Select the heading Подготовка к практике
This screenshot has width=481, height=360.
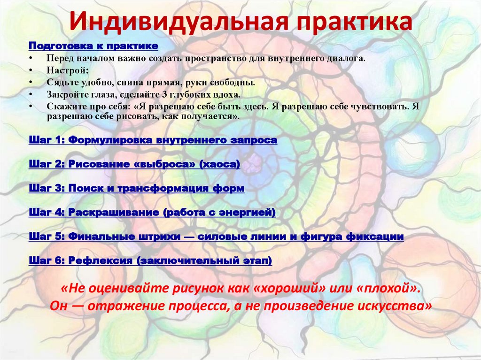pos(93,46)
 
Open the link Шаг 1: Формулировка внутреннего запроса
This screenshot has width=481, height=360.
pos(153,140)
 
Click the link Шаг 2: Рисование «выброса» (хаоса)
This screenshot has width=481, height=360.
pos(134,164)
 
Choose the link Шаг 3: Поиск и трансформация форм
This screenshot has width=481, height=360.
pos(136,188)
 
